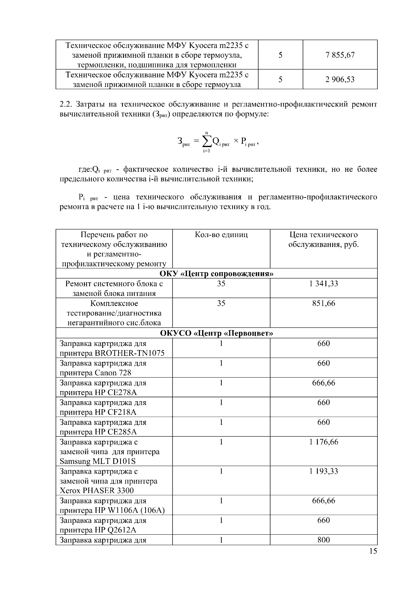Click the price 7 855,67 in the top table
click(340, 55)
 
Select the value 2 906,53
click(340, 80)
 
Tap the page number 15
click(373, 551)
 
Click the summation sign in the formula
click(206, 141)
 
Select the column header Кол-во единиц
click(221, 235)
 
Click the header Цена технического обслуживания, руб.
click(324, 240)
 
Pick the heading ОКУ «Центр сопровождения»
click(216, 274)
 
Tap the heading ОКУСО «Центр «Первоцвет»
click(216, 333)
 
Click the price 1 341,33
click(324, 284)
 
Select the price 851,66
click(324, 304)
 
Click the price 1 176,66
click(324, 442)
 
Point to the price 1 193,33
click(324, 471)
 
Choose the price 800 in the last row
click(324, 540)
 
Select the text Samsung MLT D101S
click(98, 461)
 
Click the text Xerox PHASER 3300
click(97, 491)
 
